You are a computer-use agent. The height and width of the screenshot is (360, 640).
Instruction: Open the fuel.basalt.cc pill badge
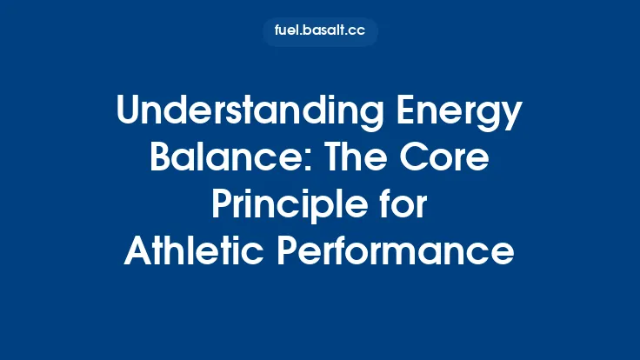(320, 32)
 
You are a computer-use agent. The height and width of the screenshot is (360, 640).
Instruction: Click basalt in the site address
(323, 32)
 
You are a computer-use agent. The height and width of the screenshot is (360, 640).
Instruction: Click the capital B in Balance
(162, 161)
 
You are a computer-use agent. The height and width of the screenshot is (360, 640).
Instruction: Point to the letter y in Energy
(512, 120)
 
